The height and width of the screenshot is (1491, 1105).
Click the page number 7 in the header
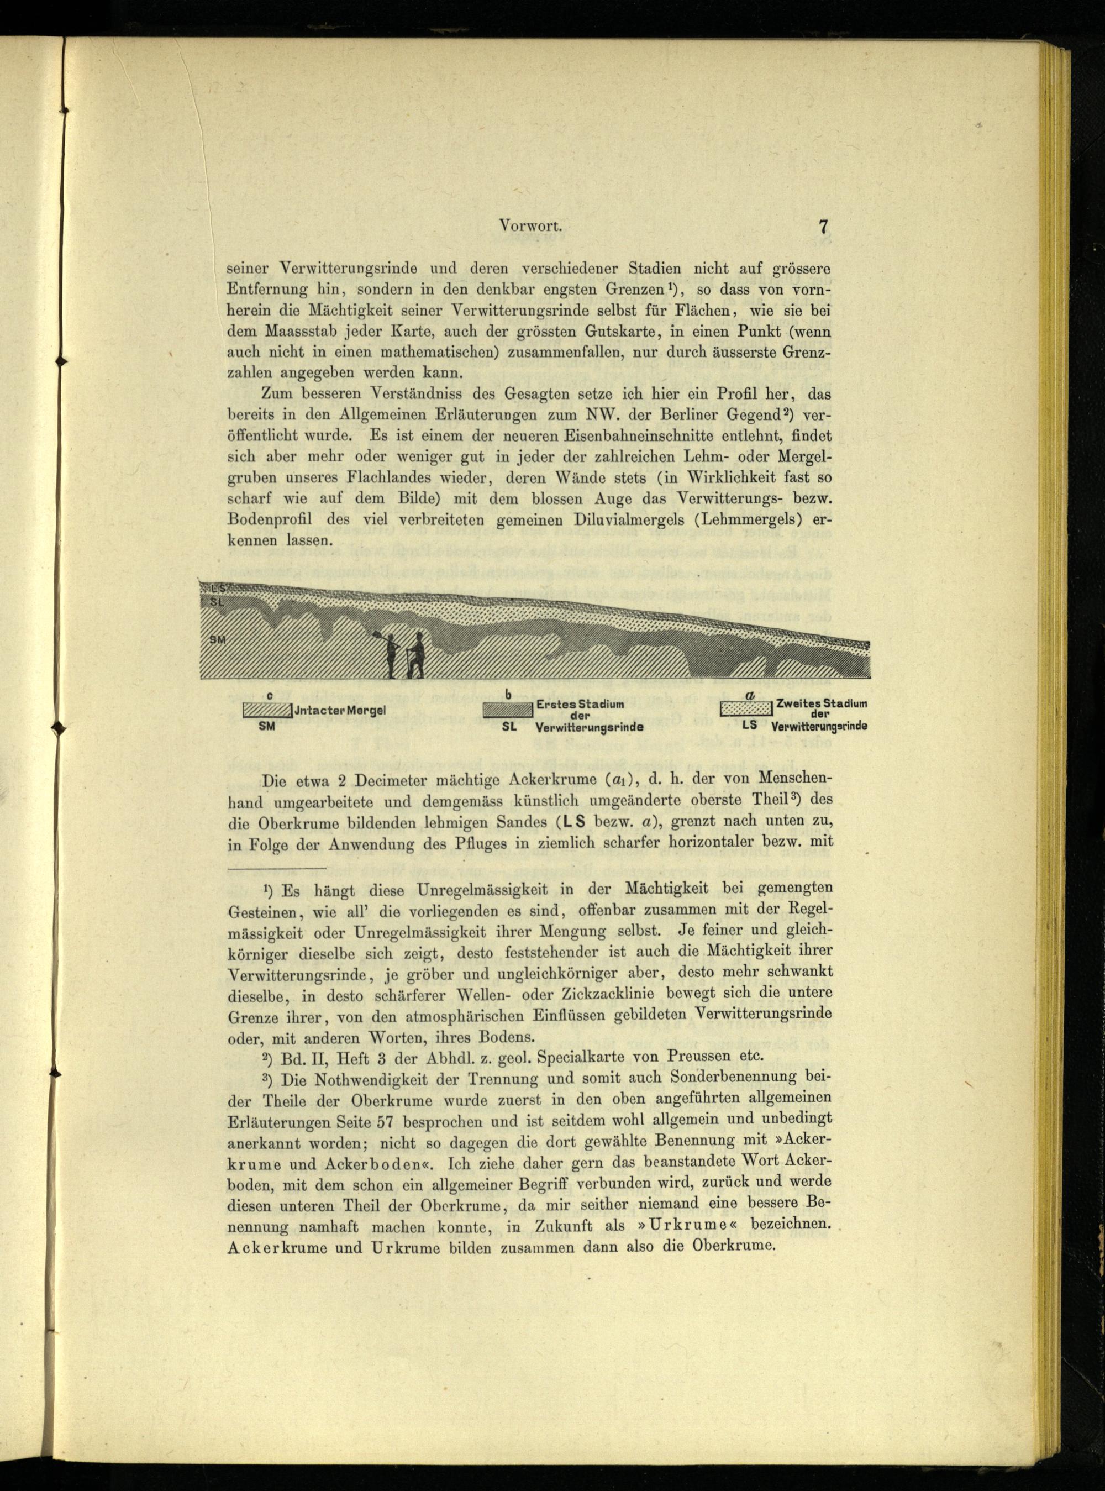[x=823, y=226]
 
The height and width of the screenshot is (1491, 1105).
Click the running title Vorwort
[x=531, y=226]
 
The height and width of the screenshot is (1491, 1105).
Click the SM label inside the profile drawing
[x=217, y=639]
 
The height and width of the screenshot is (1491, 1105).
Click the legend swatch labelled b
[x=508, y=710]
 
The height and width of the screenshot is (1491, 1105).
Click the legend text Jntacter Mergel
[x=340, y=710]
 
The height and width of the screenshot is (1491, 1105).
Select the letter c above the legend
[x=269, y=696]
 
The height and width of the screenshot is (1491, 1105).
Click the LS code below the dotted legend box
[x=749, y=725]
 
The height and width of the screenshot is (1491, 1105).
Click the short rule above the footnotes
[x=277, y=869]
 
